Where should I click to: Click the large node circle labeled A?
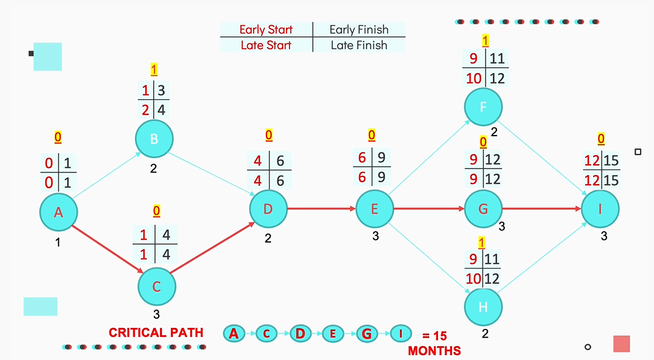click(x=59, y=212)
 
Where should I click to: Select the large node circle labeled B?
click(x=155, y=139)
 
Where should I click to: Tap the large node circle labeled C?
click(x=156, y=286)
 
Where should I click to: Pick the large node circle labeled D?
click(x=268, y=209)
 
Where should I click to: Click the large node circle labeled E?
click(x=375, y=209)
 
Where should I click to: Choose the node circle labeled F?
click(x=484, y=108)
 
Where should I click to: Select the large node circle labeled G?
click(x=484, y=209)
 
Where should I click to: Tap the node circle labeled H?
click(x=484, y=307)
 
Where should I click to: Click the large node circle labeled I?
click(x=600, y=209)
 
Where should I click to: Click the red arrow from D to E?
click(x=321, y=209)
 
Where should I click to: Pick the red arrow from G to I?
click(x=541, y=209)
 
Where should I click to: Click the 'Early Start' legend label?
click(x=266, y=29)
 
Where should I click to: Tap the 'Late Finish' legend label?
click(x=359, y=45)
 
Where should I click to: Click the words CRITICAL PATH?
click(x=156, y=333)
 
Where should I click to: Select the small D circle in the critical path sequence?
click(x=300, y=333)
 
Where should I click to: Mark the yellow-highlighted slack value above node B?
click(x=154, y=69)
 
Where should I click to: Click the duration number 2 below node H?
click(x=484, y=334)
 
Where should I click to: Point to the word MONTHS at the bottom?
click(x=434, y=351)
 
